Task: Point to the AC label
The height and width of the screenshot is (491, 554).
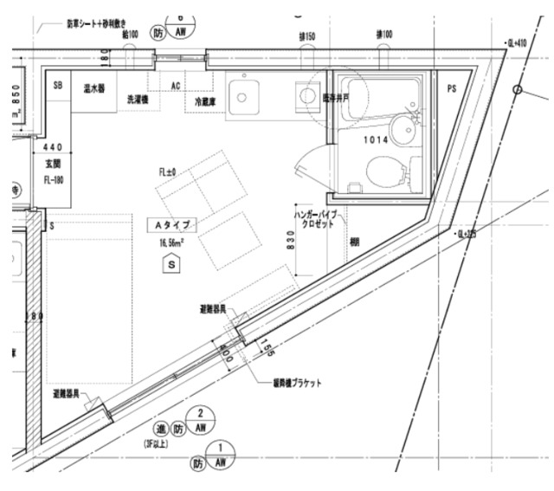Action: click(x=175, y=86)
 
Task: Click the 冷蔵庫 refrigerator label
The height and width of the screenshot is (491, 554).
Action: click(x=206, y=100)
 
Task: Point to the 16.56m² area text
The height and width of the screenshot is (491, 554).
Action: click(x=174, y=244)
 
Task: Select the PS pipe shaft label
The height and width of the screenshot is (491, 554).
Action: click(x=452, y=88)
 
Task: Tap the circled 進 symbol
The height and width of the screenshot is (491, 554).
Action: click(x=161, y=429)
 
